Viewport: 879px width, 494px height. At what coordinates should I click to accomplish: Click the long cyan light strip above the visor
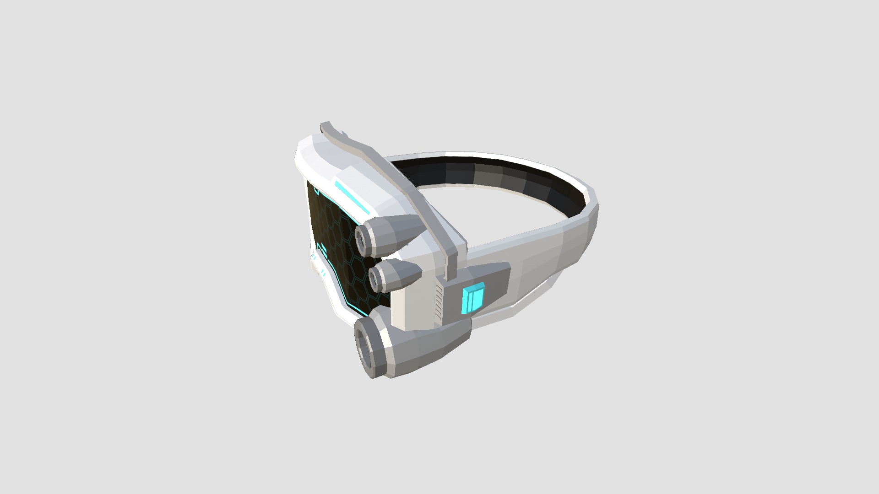point(351,197)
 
